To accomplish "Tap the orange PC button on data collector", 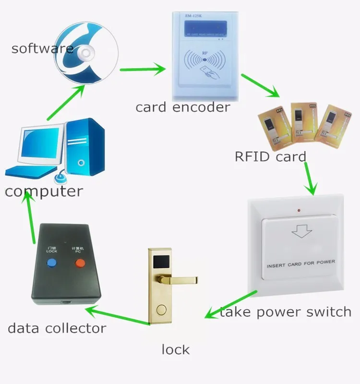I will (x=79, y=263).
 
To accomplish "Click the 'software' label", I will (x=42, y=48).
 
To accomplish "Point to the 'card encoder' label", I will (x=183, y=107).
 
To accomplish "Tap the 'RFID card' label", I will (x=270, y=156).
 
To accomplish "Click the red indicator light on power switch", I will (x=300, y=211).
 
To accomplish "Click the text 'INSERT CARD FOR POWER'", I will (x=300, y=263).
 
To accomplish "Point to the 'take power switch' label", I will (x=286, y=312).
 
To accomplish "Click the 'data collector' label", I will (x=57, y=329).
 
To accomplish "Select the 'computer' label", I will (x=44, y=192).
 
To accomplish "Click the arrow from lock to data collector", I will (x=118, y=317).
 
